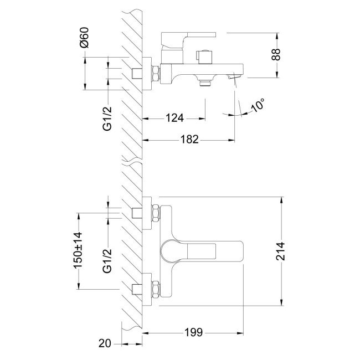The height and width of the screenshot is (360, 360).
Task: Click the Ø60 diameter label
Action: [x=84, y=38]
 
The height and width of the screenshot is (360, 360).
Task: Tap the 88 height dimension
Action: [x=276, y=55]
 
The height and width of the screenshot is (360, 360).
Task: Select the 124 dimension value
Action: [x=174, y=118]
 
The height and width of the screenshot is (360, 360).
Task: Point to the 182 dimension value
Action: [x=189, y=140]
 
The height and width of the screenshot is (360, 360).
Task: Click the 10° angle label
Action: [x=258, y=105]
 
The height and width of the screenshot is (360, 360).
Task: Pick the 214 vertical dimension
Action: [x=280, y=251]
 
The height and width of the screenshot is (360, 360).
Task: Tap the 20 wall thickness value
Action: [x=105, y=343]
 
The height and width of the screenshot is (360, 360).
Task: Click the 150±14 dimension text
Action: [x=78, y=250]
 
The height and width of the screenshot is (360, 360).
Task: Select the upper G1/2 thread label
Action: [x=107, y=119]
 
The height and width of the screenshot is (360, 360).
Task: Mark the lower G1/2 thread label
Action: [x=107, y=261]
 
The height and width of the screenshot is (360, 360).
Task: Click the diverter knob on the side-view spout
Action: [x=204, y=56]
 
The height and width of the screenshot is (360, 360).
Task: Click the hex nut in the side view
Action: [x=156, y=73]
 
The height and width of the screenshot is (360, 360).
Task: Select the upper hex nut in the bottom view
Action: [x=156, y=213]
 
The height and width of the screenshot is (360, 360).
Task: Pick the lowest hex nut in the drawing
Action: [x=156, y=290]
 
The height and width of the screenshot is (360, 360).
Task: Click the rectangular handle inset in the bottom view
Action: [x=202, y=251]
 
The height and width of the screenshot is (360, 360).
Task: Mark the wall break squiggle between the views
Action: [x=132, y=161]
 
